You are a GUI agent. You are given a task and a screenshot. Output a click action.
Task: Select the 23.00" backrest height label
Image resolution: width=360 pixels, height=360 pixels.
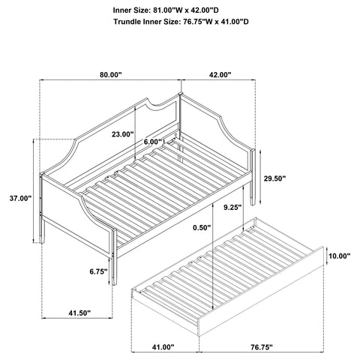pyautogui.click(x=121, y=134)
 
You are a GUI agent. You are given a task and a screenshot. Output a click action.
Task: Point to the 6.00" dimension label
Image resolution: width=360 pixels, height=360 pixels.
pyautogui.click(x=153, y=142)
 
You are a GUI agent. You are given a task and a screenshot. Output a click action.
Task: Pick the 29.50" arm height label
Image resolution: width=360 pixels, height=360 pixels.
pyautogui.click(x=275, y=178)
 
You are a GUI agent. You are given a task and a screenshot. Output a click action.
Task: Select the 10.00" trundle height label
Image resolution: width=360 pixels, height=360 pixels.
pyautogui.click(x=339, y=256)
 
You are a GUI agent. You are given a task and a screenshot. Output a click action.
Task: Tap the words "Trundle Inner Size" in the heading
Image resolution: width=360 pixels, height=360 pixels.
pyautogui.click(x=146, y=23)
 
